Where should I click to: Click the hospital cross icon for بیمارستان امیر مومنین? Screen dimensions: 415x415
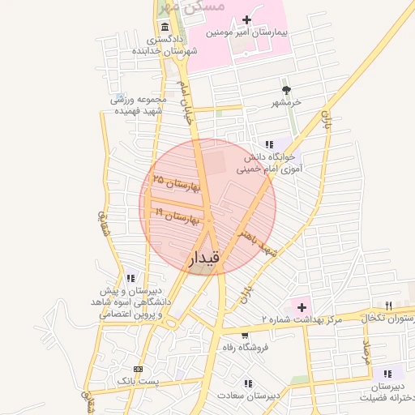point(247,19)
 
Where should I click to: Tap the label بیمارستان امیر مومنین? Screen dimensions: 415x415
point(247,34)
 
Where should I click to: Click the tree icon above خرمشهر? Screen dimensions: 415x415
point(285,89)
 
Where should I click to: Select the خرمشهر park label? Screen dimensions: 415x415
point(285,103)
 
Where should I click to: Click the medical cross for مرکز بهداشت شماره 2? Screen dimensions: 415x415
point(302,307)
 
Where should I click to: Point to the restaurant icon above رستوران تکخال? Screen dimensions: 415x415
point(389,306)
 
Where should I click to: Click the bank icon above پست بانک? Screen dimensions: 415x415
point(137,367)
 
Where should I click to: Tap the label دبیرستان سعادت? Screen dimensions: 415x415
point(248,396)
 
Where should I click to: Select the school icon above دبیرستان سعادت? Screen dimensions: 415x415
point(247,383)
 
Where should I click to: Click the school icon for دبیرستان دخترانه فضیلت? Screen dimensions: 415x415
point(388,374)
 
